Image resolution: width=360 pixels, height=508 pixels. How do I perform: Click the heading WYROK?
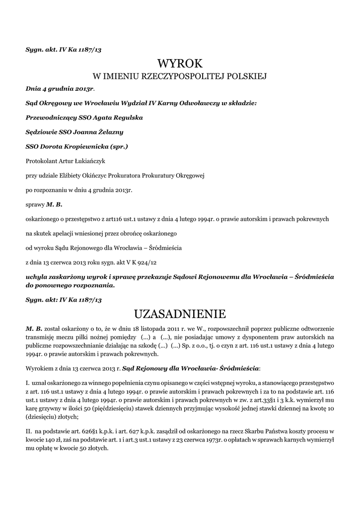tap(180, 63)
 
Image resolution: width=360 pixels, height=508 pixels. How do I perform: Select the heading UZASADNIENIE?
tap(180, 314)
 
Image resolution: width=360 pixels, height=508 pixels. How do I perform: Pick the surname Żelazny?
tap(108, 132)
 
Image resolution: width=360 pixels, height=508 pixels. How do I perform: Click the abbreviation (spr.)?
tap(119, 147)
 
